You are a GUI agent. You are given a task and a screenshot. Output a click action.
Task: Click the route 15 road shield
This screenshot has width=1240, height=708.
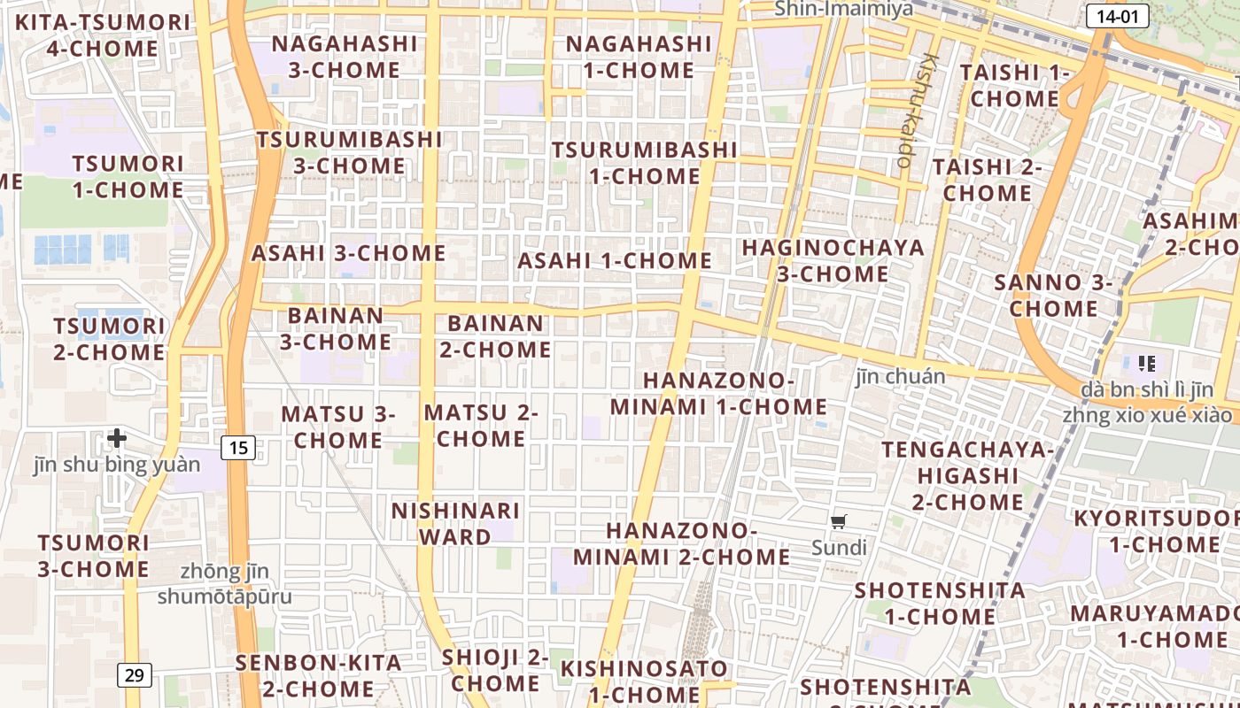click(x=238, y=448)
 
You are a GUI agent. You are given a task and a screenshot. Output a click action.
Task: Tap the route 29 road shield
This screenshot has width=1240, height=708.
click(x=134, y=676)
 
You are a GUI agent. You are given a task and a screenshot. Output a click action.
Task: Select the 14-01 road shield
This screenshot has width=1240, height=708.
click(x=1117, y=16)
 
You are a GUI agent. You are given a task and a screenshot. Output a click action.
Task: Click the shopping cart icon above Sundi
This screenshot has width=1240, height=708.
click(x=839, y=521)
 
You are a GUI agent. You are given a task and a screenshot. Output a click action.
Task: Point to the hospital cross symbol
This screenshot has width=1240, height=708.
click(x=117, y=437)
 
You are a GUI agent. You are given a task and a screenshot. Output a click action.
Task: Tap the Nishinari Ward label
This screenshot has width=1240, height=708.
click(x=455, y=524)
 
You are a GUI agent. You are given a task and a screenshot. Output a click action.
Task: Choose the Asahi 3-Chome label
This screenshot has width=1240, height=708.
click(x=349, y=253)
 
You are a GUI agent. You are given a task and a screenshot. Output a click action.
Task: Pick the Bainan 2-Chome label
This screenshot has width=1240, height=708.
click(x=496, y=336)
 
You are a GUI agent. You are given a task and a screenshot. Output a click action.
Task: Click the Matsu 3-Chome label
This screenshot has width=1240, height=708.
click(x=337, y=427)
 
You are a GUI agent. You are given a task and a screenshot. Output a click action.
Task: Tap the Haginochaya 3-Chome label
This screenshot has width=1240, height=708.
click(x=833, y=260)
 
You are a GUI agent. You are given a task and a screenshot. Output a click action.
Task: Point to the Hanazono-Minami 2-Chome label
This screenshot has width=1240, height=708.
click(x=681, y=543)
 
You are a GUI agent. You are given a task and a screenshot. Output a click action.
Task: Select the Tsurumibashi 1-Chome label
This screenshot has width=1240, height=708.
click(x=644, y=163)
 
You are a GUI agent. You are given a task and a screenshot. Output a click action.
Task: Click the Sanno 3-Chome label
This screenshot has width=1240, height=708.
click(x=1053, y=296)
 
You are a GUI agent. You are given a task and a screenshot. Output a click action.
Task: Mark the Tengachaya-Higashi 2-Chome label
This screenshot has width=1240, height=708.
click(x=967, y=476)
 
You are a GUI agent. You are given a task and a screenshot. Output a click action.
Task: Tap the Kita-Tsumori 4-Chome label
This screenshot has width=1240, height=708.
click(x=103, y=35)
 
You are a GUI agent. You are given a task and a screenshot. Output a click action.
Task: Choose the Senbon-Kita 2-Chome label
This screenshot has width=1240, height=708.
click(x=318, y=675)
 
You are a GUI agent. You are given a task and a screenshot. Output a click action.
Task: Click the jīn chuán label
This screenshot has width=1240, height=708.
click(x=900, y=377)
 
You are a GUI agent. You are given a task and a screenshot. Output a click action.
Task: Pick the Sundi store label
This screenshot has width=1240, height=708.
click(x=839, y=548)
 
